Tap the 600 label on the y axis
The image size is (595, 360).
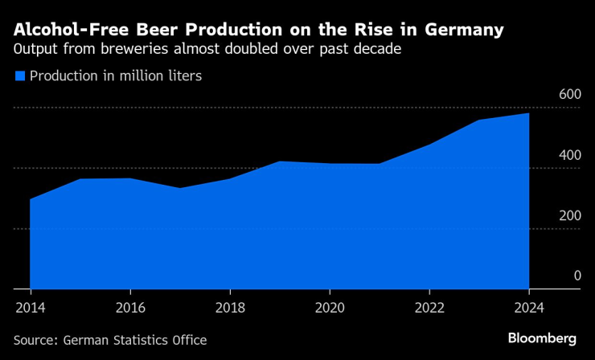[x=569, y=94]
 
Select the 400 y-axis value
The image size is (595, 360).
[x=569, y=155]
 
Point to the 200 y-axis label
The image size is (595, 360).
[x=569, y=215]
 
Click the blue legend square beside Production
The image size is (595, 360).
[x=20, y=76]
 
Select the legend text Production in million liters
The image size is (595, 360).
[x=115, y=76]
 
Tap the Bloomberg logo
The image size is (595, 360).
[x=543, y=338]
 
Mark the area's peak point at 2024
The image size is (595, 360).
[x=529, y=113]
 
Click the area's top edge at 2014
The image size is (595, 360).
[x=30, y=199]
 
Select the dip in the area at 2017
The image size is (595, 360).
[x=179, y=188]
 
